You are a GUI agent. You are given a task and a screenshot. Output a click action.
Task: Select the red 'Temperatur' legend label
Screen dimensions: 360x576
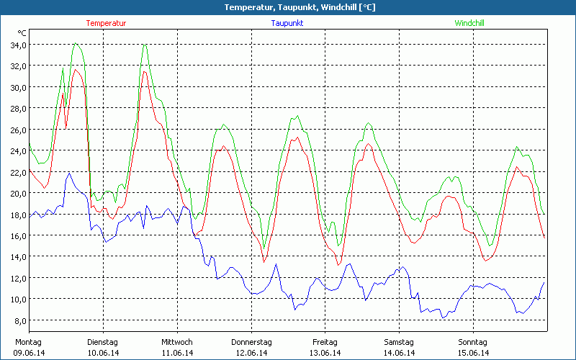(106, 23)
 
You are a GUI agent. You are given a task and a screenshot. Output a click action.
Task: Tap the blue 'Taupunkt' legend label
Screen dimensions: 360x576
(287, 23)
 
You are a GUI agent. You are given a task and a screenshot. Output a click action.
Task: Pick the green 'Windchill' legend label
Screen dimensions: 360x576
(469, 23)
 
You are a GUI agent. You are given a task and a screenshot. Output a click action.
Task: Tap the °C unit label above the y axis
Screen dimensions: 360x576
(22, 33)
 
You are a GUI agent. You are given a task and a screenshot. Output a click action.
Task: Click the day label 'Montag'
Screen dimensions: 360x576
(28, 342)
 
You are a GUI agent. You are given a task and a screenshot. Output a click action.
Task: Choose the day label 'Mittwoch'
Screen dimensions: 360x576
(177, 342)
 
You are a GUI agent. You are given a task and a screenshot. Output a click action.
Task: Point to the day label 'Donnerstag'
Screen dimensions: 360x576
(251, 342)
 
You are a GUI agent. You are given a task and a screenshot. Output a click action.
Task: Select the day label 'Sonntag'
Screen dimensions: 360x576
(473, 342)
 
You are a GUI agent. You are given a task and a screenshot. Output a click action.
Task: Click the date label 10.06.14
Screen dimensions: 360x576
(103, 353)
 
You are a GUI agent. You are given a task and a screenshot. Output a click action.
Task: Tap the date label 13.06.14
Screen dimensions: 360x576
(325, 353)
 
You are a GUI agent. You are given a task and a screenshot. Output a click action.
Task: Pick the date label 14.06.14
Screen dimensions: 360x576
(399, 353)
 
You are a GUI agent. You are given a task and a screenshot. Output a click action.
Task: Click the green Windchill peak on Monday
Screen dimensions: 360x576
(75, 44)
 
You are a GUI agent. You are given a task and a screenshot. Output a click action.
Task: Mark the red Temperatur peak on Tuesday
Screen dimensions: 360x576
(145, 71)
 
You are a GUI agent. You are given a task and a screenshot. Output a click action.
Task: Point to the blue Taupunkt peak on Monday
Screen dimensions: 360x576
(70, 173)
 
